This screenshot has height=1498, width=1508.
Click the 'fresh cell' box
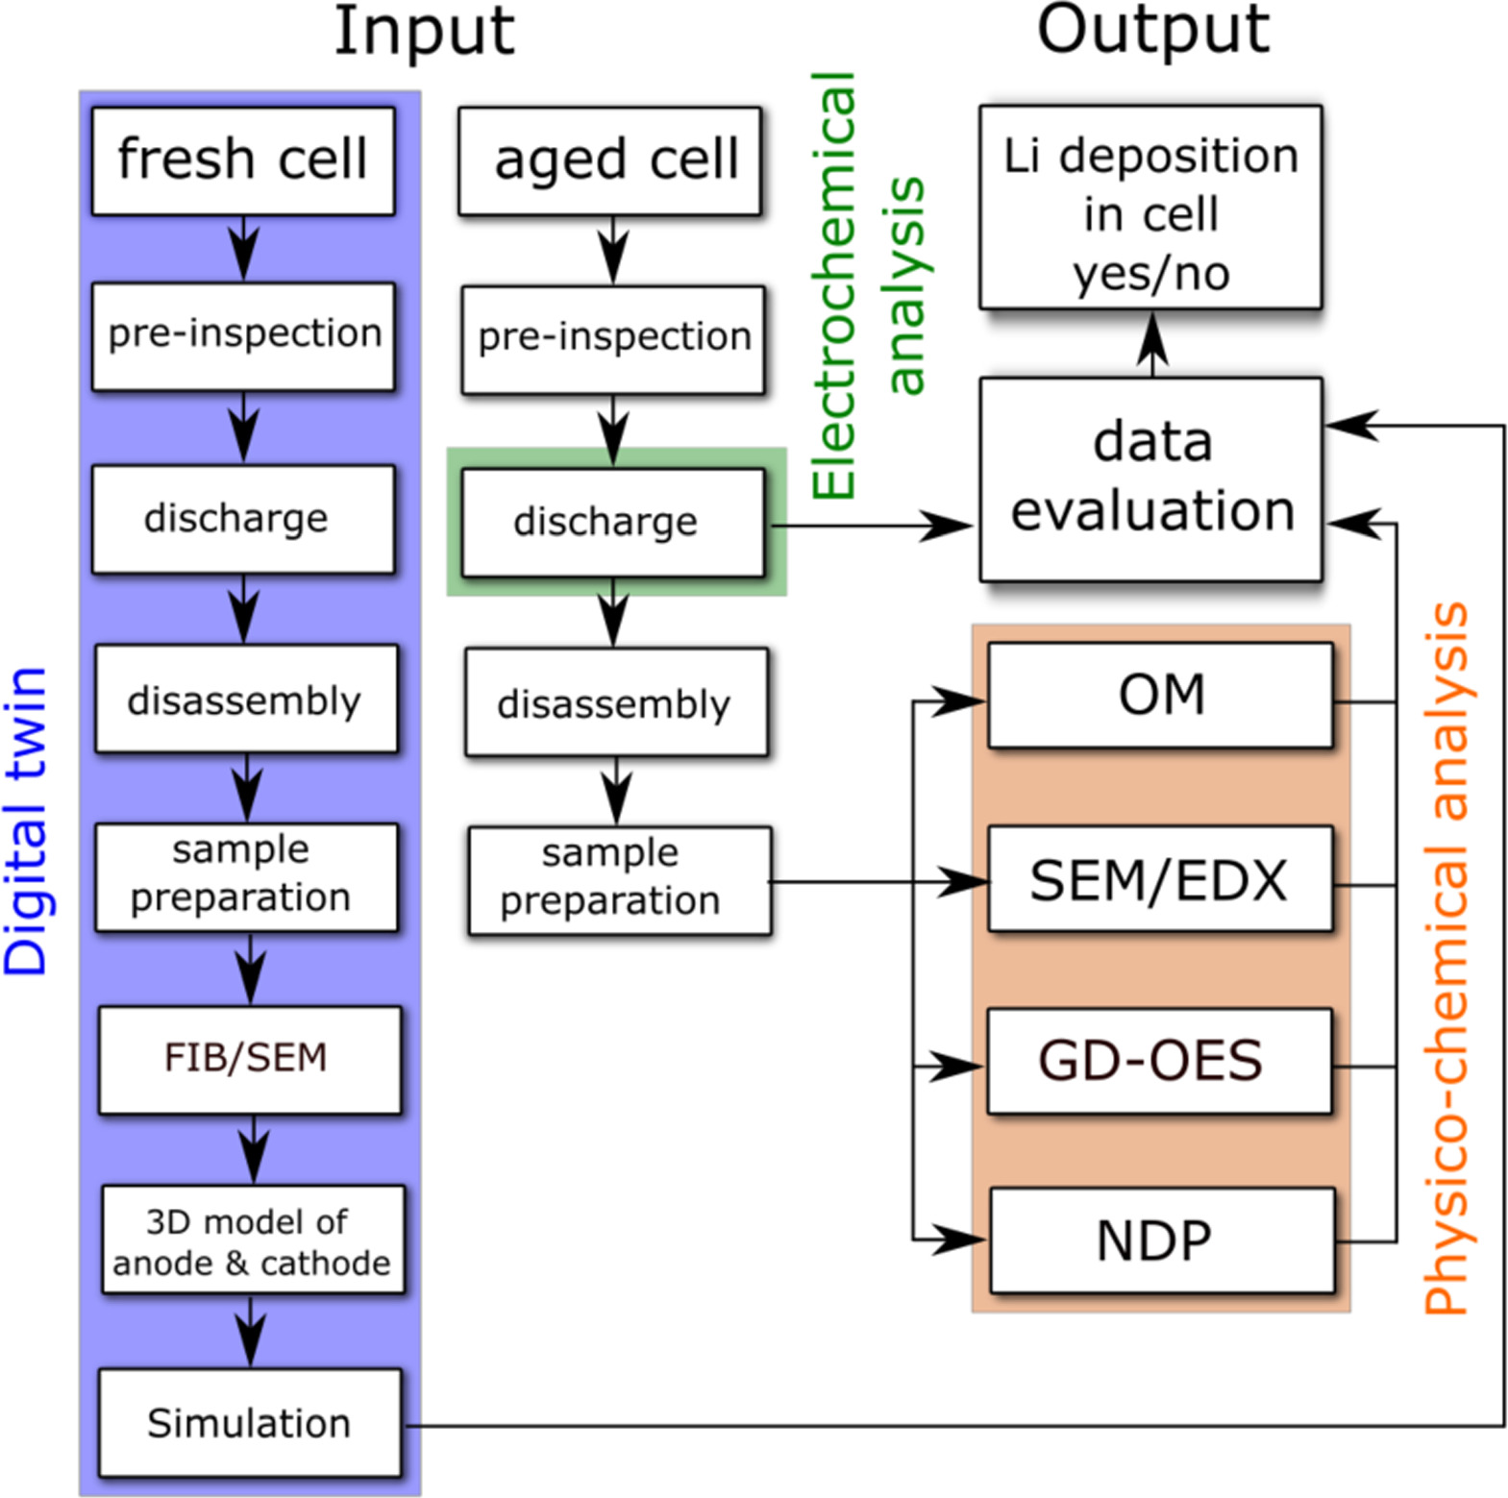point(242,160)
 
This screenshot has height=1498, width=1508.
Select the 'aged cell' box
point(609,160)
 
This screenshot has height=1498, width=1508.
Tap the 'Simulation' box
point(249,1422)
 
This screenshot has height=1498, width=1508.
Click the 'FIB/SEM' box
point(249,1059)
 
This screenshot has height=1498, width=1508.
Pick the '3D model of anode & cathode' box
point(252,1240)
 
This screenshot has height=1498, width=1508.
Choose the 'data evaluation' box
point(1150,479)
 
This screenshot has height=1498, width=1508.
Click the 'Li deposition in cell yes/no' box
point(1150,208)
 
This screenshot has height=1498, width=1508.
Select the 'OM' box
point(1160,695)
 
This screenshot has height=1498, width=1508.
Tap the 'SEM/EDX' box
point(1160,879)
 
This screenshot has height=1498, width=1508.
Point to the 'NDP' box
point(1161,1240)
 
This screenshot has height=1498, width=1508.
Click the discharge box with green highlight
point(612,522)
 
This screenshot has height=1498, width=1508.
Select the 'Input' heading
point(424,31)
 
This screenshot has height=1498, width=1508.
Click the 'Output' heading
point(1152,29)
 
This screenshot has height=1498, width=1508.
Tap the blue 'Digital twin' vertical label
point(26,820)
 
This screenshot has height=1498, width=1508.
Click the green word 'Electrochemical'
point(832,284)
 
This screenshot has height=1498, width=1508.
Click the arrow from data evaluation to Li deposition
point(1151,343)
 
